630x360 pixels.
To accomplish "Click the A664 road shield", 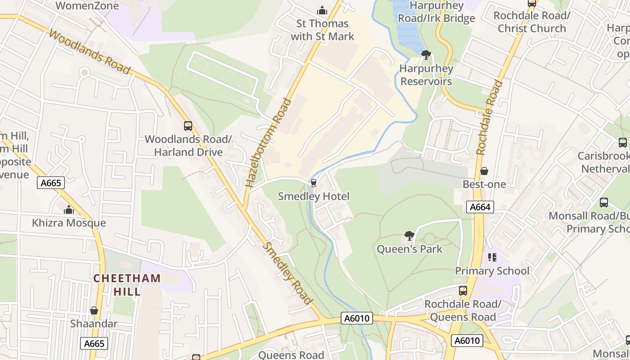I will (480, 207).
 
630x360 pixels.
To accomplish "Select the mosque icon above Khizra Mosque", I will (69, 210).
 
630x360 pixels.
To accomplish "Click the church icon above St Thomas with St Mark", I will (322, 10).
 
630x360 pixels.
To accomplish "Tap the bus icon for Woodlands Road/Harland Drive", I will (188, 126).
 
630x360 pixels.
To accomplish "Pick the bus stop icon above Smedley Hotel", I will (314, 183).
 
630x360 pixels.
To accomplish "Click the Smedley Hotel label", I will (314, 196).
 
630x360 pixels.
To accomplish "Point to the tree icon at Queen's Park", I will (409, 235).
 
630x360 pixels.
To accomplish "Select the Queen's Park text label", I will (409, 249).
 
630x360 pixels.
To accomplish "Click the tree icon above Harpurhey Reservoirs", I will (426, 55).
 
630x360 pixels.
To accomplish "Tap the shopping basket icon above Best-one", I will (484, 171).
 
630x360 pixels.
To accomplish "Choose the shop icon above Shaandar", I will (94, 310).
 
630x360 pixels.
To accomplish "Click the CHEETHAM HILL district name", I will (126, 284).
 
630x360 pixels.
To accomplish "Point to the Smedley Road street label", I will (288, 273).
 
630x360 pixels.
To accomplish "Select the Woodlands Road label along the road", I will (90, 52).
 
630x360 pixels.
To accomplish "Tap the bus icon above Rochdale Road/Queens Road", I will (463, 291).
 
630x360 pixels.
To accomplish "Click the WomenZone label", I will (87, 6).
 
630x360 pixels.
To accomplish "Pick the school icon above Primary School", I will (492, 257).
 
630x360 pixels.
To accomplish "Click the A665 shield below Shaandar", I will (94, 344).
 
